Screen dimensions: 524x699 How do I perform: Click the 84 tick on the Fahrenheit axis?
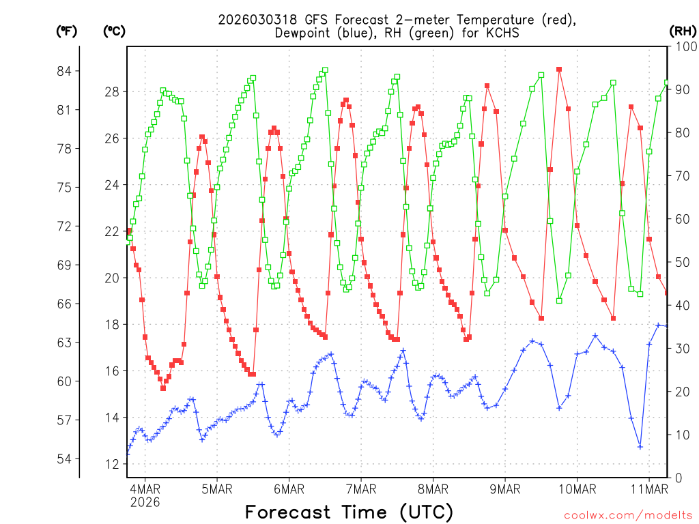click(x=70, y=71)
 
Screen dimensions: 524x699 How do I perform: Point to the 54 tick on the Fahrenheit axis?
click(x=70, y=458)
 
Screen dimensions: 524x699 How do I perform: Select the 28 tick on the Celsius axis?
click(x=111, y=92)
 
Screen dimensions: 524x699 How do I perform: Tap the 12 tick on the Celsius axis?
click(x=111, y=464)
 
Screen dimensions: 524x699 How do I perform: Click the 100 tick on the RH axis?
click(x=683, y=47)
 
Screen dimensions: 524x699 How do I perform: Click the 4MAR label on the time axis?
click(x=145, y=489)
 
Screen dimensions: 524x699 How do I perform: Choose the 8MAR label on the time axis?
click(x=432, y=489)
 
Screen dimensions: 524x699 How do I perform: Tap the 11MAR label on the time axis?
click(x=648, y=489)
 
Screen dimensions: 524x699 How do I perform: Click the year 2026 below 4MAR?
click(x=145, y=502)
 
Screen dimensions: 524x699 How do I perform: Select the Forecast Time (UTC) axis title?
click(x=349, y=512)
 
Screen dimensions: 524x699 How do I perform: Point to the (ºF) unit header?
click(x=66, y=31)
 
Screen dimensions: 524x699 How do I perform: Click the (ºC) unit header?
click(x=114, y=31)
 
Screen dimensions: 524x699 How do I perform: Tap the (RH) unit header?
click(x=683, y=31)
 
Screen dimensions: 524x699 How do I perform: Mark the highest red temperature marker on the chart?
click(x=559, y=69)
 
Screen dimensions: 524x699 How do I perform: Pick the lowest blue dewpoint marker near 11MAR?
click(x=640, y=447)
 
